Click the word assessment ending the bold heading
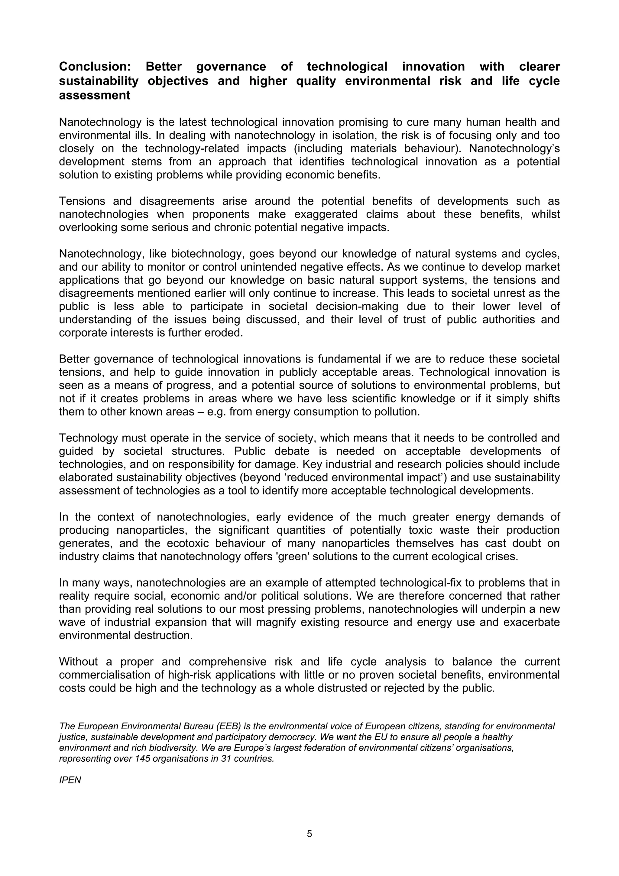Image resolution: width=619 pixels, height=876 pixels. [x=95, y=95]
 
